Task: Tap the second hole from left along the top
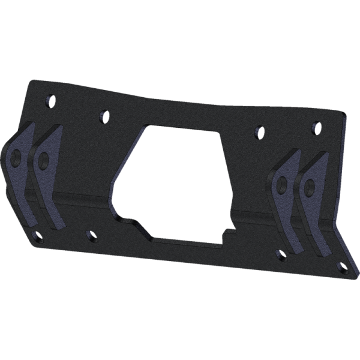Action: coord(104,114)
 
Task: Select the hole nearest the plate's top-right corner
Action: coord(316,127)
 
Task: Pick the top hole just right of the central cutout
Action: coord(259,129)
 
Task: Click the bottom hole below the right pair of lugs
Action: coord(281,256)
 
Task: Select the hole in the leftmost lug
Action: coord(16,158)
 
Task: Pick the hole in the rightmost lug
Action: coord(309,188)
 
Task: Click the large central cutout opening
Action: coord(174,180)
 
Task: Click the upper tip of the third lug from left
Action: coord(298,150)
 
